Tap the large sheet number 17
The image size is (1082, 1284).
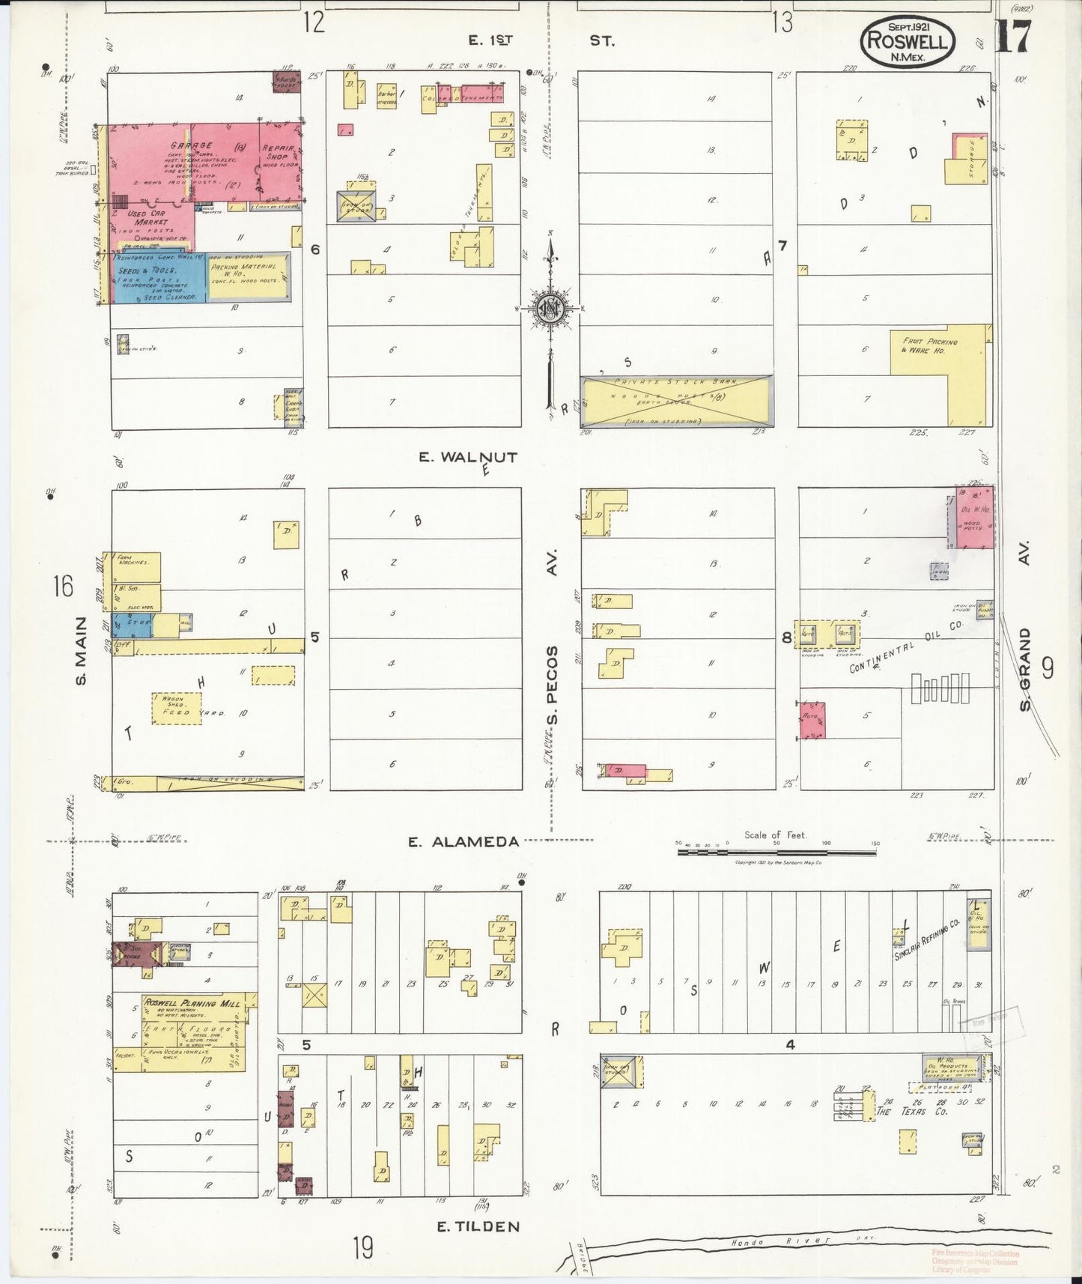point(1014,36)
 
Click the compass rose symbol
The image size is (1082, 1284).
point(550,308)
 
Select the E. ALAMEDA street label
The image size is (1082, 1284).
point(463,842)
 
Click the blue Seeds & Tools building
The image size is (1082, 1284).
point(157,279)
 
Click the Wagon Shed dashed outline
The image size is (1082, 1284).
point(177,708)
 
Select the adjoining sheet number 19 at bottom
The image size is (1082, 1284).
point(363,1248)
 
